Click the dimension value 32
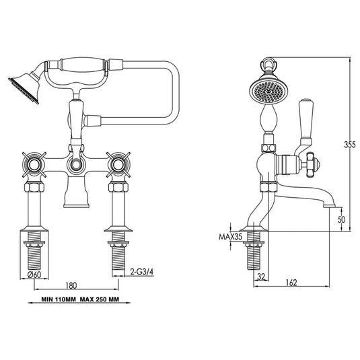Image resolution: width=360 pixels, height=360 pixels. [260, 276]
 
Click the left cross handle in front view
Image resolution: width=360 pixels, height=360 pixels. [30, 164]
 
